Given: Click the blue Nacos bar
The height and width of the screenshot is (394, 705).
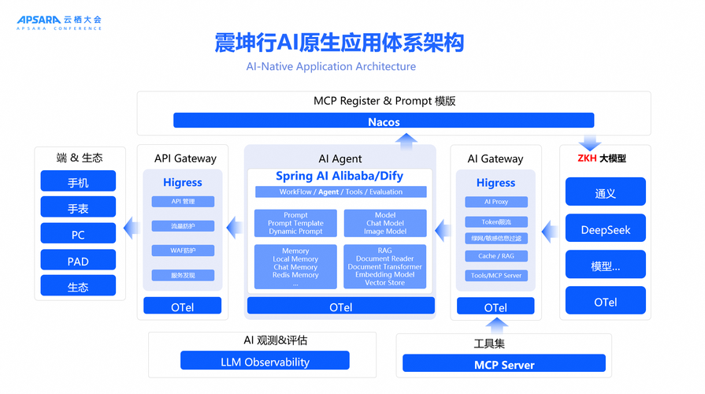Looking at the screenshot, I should coord(384,121).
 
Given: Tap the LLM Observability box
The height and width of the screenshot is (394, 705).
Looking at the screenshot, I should coord(265,362).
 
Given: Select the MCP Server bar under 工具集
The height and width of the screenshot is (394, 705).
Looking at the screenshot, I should coord(504,364).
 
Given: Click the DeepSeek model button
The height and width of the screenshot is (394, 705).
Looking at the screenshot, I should coord(605,230).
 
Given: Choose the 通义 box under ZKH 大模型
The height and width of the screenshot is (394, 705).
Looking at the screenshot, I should coord(605,193).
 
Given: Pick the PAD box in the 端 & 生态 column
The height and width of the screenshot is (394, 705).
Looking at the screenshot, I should coord(78,262).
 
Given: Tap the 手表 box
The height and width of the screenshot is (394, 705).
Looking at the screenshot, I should coord(78,208).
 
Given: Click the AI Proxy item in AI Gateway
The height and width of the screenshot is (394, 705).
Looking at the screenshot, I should coord(495,202).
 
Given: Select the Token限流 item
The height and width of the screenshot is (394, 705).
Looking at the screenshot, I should coord(495,221).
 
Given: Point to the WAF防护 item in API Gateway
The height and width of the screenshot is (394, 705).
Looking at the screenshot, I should coord(183,251).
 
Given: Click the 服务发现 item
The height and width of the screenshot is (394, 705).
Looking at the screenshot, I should coord(183,275).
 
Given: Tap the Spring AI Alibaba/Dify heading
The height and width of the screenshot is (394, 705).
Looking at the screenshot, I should coord(340,177).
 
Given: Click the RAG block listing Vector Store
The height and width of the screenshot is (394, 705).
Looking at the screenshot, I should coord(384,266).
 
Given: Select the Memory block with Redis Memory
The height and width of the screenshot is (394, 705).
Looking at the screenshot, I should coord(295,266).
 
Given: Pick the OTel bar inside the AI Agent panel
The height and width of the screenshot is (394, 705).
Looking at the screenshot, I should coord(340,307).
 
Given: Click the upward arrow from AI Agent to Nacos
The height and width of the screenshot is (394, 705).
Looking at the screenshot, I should coord(406,139).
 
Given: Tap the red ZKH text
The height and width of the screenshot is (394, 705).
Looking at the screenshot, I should coord(587,158).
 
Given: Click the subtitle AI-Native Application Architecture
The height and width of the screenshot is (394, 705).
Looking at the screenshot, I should coord(331,66).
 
